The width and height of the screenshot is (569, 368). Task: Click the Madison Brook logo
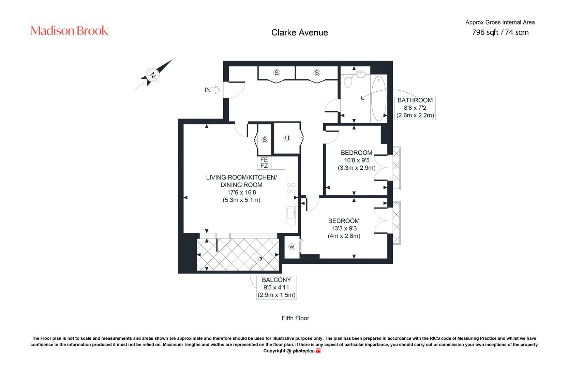[x=69, y=31]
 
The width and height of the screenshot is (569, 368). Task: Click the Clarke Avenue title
[x=299, y=32]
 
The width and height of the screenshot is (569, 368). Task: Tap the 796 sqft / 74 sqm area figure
[x=500, y=32]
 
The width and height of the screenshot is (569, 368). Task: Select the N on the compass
[x=153, y=75]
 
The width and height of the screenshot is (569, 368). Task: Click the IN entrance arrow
[x=215, y=90]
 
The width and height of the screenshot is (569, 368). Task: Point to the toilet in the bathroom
[x=347, y=80]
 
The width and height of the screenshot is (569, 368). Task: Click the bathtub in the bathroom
[x=379, y=98]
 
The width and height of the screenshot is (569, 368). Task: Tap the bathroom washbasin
[x=361, y=74]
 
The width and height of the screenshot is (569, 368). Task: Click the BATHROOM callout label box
[x=415, y=108]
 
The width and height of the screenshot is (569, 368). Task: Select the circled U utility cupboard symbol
[x=287, y=138]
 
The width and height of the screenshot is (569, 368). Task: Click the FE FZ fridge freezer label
[x=264, y=163]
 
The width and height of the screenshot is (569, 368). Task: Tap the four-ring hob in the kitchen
[x=291, y=188]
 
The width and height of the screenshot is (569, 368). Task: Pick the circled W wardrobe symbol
[x=292, y=247]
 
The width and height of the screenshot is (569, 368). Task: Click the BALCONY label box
[x=276, y=288]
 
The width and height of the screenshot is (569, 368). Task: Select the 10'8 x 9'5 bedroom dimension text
[x=357, y=160]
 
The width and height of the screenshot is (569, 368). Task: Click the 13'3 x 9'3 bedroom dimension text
[x=344, y=228]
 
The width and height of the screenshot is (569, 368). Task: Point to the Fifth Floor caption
[x=296, y=318]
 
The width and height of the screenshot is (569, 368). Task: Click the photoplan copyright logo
[x=307, y=351]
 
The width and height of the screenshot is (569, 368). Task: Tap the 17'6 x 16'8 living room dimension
[x=242, y=193]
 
